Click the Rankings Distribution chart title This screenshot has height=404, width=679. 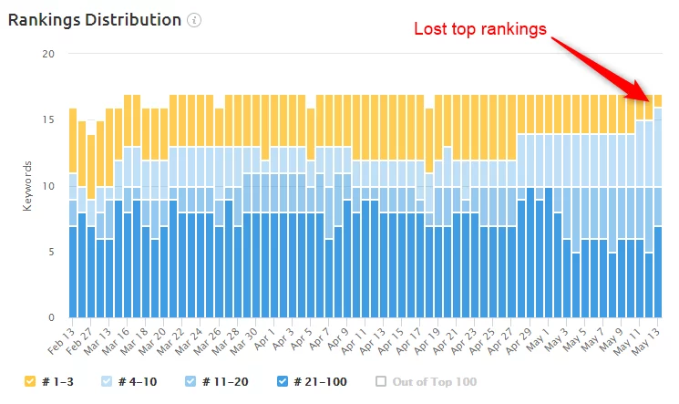(x=94, y=19)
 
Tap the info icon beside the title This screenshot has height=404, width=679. (x=194, y=20)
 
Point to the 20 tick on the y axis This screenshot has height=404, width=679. (x=49, y=54)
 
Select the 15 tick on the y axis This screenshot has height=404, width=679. (x=49, y=119)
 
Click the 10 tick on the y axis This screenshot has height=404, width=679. (x=49, y=186)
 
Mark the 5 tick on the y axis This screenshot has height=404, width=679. (x=52, y=252)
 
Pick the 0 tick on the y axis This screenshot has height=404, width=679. (x=52, y=317)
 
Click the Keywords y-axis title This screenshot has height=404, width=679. (x=27, y=186)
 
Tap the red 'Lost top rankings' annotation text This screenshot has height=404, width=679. (x=480, y=29)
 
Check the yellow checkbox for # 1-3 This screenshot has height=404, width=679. (x=30, y=381)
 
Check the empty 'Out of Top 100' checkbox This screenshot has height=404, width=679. (x=381, y=381)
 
